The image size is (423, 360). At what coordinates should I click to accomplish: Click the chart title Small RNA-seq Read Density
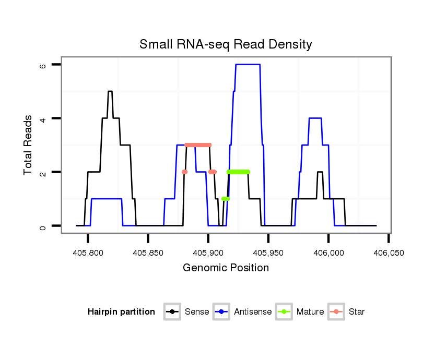pos(226,44)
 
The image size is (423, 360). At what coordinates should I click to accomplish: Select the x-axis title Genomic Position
pos(226,268)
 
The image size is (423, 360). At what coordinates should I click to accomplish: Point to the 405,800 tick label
pos(88,253)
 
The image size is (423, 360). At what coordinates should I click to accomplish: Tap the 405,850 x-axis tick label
pos(148,253)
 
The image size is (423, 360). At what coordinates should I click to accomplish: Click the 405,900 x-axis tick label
pos(208,253)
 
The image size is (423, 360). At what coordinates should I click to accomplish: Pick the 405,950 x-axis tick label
pos(268,253)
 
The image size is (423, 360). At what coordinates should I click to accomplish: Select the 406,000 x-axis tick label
pos(328,253)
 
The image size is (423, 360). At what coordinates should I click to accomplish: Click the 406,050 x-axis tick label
pos(388,253)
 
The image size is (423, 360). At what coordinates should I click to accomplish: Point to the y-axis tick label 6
pos(43,65)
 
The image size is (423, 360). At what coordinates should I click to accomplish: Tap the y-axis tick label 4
pos(43,118)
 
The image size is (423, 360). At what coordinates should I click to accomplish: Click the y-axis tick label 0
pos(43,226)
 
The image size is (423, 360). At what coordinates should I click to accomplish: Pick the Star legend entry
pos(347,312)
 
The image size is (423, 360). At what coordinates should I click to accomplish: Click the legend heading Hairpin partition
pos(121,312)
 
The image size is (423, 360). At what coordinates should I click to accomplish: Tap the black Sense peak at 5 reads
pos(110,91)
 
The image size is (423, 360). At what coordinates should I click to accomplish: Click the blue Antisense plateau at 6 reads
pos(248,64)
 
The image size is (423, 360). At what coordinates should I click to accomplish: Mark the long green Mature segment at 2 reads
pos(238,172)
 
